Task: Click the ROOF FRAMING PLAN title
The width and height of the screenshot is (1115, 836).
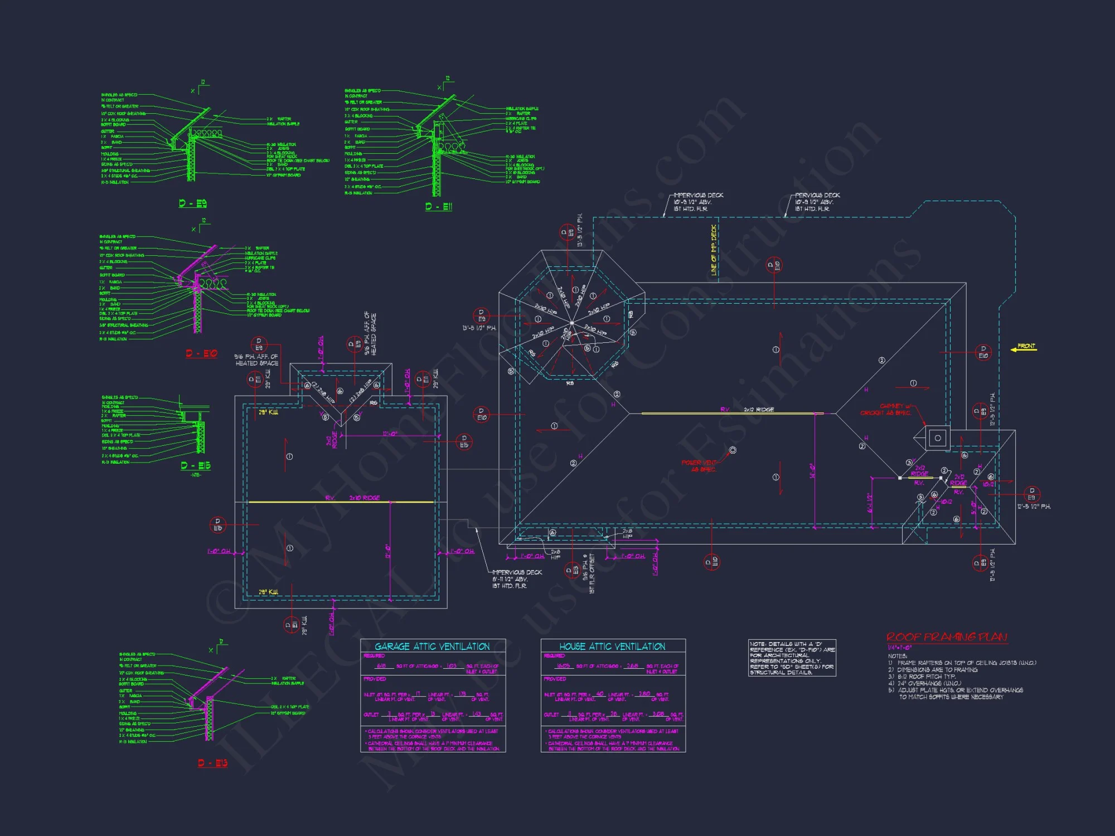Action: coord(947,637)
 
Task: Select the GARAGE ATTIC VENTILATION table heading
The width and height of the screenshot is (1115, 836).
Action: coord(432,647)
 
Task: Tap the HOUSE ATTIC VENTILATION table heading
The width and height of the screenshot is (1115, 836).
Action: coord(612,647)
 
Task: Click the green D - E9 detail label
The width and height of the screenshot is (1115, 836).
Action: coord(193,203)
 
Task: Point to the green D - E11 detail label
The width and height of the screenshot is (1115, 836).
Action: coord(439,207)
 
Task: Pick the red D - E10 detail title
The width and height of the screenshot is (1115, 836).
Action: coord(201,353)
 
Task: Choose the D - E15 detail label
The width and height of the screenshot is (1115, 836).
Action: coord(196,466)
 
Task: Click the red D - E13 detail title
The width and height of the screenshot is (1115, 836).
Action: coord(212,763)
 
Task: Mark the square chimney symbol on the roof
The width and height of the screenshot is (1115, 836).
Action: coord(938,438)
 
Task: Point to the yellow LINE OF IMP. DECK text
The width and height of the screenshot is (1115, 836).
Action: coord(714,250)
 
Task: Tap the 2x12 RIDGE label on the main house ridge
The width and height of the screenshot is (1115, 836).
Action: coord(759,410)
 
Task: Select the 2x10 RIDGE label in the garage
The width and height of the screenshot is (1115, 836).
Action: coord(364,498)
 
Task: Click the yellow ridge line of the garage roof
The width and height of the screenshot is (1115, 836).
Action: coord(340,502)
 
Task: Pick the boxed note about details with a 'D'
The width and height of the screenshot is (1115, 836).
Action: coord(792,658)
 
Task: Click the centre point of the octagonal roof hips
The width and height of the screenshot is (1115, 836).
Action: coord(572,323)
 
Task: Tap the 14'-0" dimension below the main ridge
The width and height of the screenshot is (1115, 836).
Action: coord(812,471)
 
